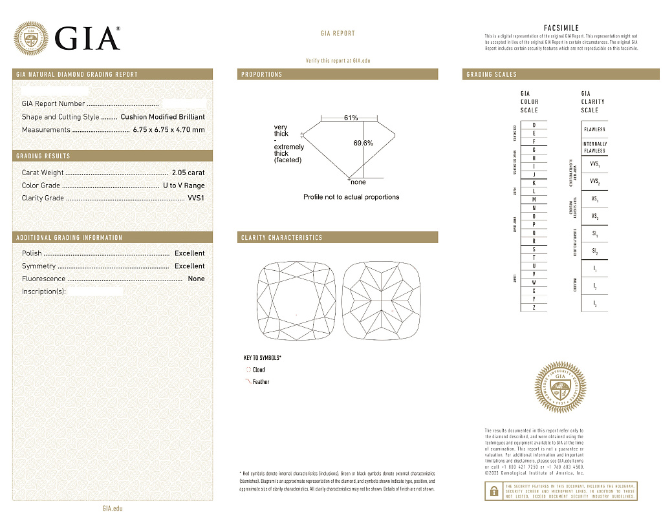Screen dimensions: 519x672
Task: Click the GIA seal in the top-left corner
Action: (x=31, y=37)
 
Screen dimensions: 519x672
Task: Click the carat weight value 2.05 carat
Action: (x=188, y=173)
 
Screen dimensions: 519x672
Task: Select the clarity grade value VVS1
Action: (x=195, y=198)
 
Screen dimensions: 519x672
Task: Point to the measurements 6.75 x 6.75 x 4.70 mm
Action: (x=168, y=130)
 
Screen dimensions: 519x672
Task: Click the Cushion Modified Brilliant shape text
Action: (x=162, y=117)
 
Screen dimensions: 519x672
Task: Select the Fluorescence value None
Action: (x=196, y=279)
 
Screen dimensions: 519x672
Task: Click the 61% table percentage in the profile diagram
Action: (x=351, y=118)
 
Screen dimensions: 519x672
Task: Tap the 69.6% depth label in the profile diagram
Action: (x=363, y=143)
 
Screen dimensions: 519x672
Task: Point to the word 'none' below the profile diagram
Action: (x=358, y=182)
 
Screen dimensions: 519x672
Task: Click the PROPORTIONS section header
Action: (x=262, y=74)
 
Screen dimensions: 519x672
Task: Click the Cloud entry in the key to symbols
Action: (x=258, y=370)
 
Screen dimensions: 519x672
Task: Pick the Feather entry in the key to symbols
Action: (x=261, y=382)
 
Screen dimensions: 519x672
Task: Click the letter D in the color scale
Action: (x=534, y=125)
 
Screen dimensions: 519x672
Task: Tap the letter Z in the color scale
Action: (x=534, y=308)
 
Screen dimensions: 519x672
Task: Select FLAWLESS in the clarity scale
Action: (x=594, y=129)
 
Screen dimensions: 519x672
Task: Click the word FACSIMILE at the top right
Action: (x=561, y=28)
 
